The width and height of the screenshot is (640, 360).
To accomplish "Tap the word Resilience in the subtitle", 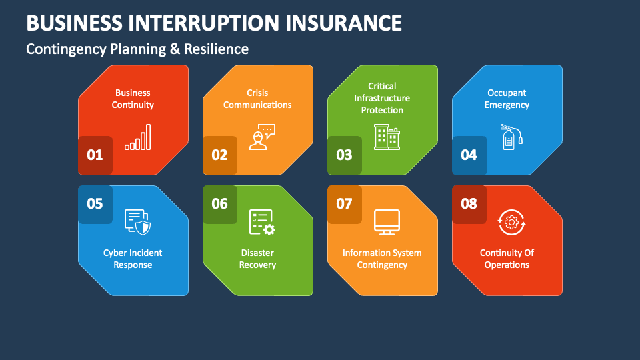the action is (x=216, y=49).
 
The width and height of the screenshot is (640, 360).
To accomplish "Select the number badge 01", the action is (x=95, y=155).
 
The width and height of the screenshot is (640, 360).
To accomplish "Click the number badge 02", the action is (x=219, y=155).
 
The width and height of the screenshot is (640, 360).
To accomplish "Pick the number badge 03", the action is (x=345, y=155).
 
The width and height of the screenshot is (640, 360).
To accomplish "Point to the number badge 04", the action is (x=469, y=155).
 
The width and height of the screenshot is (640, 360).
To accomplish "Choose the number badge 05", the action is (x=95, y=204).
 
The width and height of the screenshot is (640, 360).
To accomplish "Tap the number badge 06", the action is (x=219, y=204).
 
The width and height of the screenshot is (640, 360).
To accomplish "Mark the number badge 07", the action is (x=345, y=204).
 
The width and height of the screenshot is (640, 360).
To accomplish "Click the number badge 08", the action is (x=469, y=204).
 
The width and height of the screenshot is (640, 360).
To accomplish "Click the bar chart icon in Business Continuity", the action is (x=138, y=137).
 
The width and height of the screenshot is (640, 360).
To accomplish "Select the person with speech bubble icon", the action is (x=263, y=137).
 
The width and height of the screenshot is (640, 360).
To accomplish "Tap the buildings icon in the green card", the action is (x=387, y=137).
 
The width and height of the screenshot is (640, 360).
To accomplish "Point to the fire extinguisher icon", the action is (x=511, y=137).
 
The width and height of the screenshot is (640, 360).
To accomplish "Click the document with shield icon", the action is (x=137, y=222).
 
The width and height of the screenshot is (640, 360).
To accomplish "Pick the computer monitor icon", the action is (x=387, y=222).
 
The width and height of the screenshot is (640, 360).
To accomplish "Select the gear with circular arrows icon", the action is (x=511, y=222).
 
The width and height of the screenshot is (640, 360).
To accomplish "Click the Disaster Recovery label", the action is (x=257, y=259).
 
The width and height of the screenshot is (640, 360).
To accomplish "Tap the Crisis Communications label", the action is (x=257, y=99).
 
